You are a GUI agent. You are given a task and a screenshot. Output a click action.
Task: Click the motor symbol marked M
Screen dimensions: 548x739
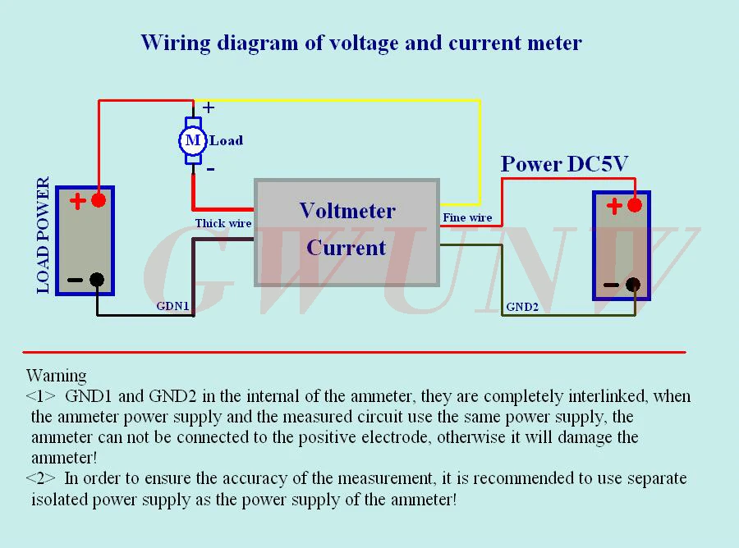coord(192,140)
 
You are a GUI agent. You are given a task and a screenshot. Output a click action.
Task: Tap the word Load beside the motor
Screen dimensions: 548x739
coord(227,140)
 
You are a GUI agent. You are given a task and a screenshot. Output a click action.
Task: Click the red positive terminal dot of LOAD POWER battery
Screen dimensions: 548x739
coord(99,200)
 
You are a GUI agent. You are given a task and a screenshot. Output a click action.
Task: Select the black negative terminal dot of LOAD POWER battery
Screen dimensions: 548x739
coord(97,280)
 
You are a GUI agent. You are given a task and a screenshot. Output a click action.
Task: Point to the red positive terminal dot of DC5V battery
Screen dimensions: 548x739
coord(634,205)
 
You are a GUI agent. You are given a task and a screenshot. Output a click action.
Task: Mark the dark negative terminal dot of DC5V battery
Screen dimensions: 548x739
coord(632,285)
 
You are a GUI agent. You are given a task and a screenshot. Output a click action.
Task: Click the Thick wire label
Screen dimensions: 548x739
coord(223,223)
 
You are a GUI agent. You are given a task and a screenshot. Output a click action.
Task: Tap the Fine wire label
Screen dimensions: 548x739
coord(467,217)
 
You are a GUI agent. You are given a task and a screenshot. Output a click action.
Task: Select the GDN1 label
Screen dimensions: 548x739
coord(173,306)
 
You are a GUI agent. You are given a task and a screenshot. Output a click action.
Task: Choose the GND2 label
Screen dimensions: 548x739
coord(522,307)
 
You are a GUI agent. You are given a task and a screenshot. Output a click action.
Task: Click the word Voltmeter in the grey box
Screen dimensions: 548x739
coord(347,211)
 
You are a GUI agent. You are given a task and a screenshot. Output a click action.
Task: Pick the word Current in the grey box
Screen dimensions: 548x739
coord(346,247)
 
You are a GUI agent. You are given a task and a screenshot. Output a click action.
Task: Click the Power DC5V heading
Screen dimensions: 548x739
coord(564,164)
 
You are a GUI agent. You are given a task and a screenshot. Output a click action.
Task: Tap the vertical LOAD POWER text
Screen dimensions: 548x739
coord(44,236)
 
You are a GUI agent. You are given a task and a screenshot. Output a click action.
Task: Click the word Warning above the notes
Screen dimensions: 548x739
coord(56,376)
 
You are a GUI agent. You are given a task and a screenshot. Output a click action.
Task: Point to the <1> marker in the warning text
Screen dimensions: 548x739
coord(41,397)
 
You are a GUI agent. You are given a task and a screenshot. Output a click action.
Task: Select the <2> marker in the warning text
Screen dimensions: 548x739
coord(41,477)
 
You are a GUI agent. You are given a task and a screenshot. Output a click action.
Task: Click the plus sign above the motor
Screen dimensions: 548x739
coord(209,107)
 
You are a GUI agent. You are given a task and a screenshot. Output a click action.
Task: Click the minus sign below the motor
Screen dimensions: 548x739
coord(210,168)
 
